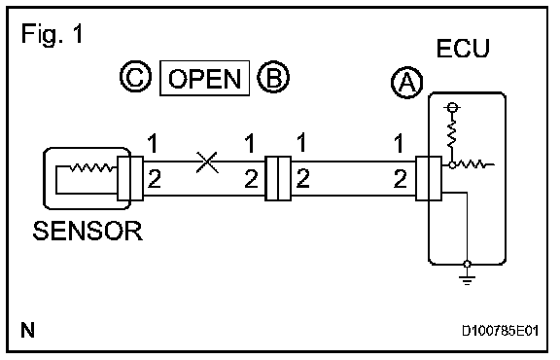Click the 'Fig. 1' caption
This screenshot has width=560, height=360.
pos(52,34)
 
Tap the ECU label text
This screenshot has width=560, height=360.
pos(463,49)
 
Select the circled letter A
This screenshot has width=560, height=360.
pos(407,83)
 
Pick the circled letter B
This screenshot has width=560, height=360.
pos(273,77)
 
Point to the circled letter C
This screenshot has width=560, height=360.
pos(136,77)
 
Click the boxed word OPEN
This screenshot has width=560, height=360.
pos(204,78)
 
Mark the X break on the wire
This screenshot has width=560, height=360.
pos(207,162)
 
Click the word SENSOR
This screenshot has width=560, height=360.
pos(87,231)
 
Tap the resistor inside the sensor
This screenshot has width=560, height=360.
pos(92,167)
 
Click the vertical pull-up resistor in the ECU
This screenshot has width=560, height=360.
pos(452,133)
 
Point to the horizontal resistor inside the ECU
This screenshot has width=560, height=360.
pos(472,164)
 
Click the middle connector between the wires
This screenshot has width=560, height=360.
pos(278,178)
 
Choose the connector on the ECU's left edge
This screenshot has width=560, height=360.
pos(429,178)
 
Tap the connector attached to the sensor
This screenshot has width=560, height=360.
pos(130,178)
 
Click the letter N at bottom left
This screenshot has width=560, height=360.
pos(28,330)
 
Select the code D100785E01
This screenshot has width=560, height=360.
pos(500,331)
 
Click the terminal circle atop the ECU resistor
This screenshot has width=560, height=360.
pos(452,107)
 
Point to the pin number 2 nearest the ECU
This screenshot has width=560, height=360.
pos(400,179)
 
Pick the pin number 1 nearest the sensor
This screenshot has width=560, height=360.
pos(153,143)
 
